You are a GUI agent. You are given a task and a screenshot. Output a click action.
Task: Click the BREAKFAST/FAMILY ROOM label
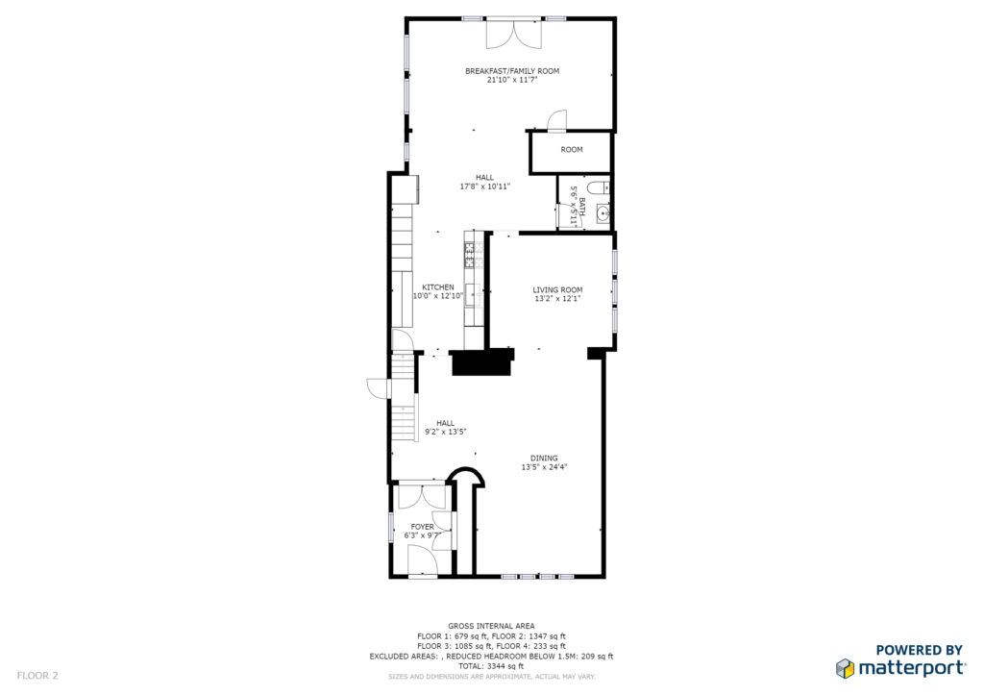512,71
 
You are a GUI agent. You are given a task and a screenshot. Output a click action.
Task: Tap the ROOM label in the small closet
572,149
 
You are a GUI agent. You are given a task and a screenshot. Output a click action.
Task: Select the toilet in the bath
599,187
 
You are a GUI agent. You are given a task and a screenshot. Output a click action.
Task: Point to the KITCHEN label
438,286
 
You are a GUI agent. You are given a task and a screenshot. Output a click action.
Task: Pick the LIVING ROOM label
558,290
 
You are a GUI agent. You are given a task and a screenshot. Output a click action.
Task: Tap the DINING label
544,459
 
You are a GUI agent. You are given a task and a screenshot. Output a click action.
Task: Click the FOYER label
423,527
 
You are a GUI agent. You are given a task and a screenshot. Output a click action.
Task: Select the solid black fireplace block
482,362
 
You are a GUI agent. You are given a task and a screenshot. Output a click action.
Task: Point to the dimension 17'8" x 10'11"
485,186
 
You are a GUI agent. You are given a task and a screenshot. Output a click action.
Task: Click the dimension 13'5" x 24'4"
544,467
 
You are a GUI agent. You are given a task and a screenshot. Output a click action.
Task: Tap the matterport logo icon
846,668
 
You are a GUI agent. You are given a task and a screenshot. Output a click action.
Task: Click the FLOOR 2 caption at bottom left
37,676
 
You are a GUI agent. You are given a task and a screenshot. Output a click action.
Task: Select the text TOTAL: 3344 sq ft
491,666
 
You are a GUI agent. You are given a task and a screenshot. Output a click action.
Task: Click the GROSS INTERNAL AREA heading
491,626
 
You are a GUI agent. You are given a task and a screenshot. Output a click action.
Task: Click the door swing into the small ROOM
557,121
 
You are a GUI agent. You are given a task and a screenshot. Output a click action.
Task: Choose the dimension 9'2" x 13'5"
446,432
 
